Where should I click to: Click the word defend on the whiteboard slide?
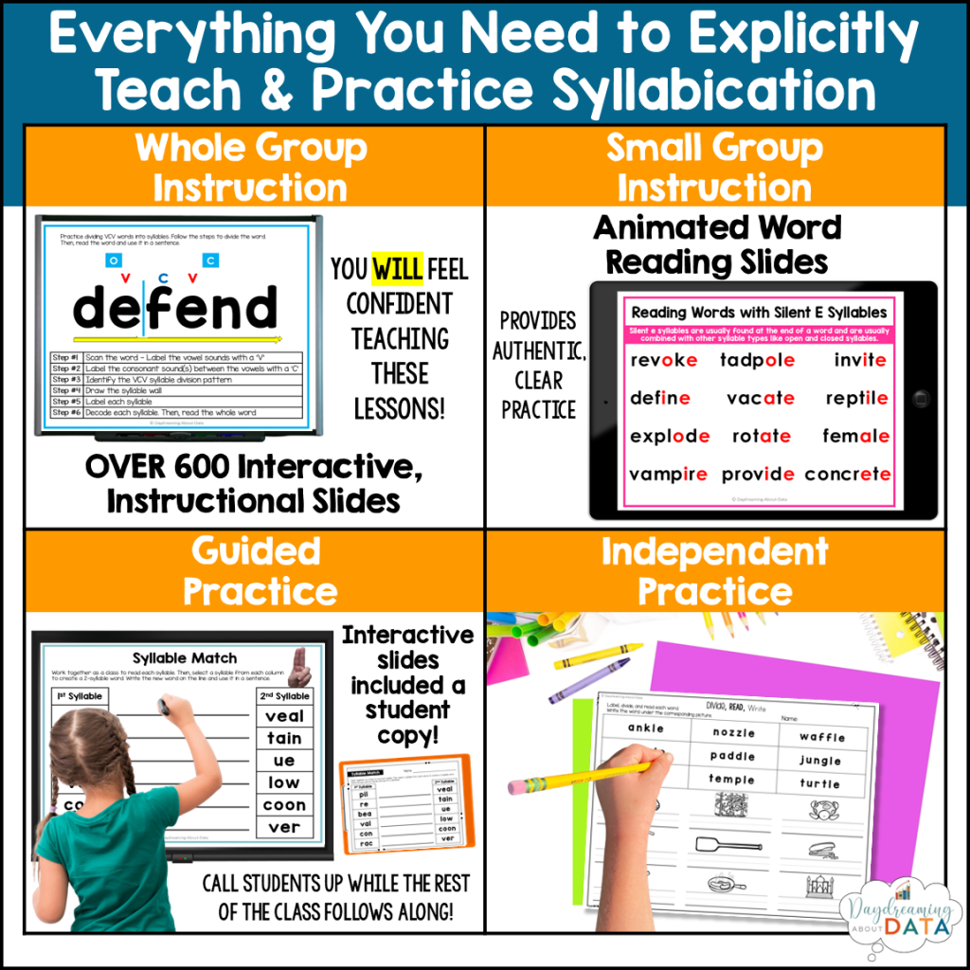[175, 309]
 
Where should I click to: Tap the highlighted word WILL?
[397, 270]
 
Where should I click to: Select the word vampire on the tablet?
[668, 474]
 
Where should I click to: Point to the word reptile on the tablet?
[855, 399]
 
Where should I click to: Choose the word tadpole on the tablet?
[757, 360]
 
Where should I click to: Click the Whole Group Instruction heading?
[250, 167]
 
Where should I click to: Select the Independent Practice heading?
[714, 571]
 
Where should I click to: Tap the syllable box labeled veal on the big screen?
[283, 716]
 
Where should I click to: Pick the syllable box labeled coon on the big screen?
[283, 804]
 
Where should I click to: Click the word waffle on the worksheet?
[821, 736]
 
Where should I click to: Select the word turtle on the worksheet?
[819, 783]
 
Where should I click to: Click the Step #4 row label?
[66, 389]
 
